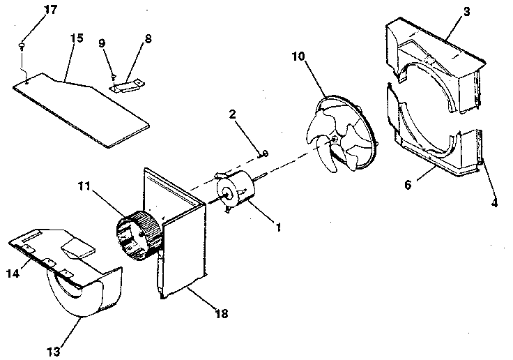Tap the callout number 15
click(x=76, y=38)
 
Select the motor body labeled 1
click(x=237, y=191)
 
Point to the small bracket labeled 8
click(x=128, y=84)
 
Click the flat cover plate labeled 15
click(x=84, y=112)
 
